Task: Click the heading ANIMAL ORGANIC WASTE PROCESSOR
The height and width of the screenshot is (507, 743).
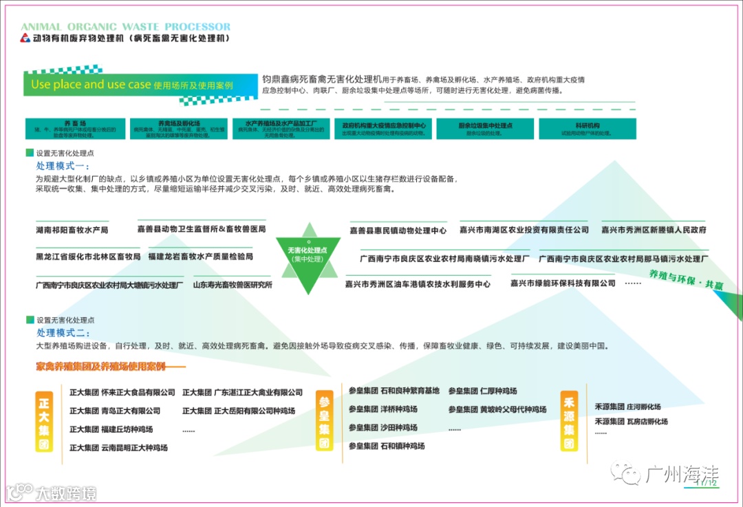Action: (x=125, y=27)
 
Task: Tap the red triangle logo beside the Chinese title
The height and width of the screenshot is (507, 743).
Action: (x=25, y=39)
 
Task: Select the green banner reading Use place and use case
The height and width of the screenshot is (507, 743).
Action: (x=131, y=85)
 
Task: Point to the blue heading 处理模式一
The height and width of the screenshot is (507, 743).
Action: (x=63, y=166)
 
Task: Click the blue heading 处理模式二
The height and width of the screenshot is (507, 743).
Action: (x=63, y=333)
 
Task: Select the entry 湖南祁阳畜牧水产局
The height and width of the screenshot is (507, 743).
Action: (x=72, y=230)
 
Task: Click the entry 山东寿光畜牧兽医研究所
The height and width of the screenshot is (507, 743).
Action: (x=233, y=284)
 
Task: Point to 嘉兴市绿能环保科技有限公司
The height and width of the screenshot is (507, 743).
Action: (x=563, y=283)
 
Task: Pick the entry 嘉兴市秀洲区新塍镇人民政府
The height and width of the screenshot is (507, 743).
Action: (x=654, y=230)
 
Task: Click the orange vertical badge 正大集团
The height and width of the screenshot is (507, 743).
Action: (x=44, y=421)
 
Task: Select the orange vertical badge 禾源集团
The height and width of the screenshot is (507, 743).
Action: (x=569, y=420)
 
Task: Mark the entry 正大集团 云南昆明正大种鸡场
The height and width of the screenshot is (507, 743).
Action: (x=118, y=448)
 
